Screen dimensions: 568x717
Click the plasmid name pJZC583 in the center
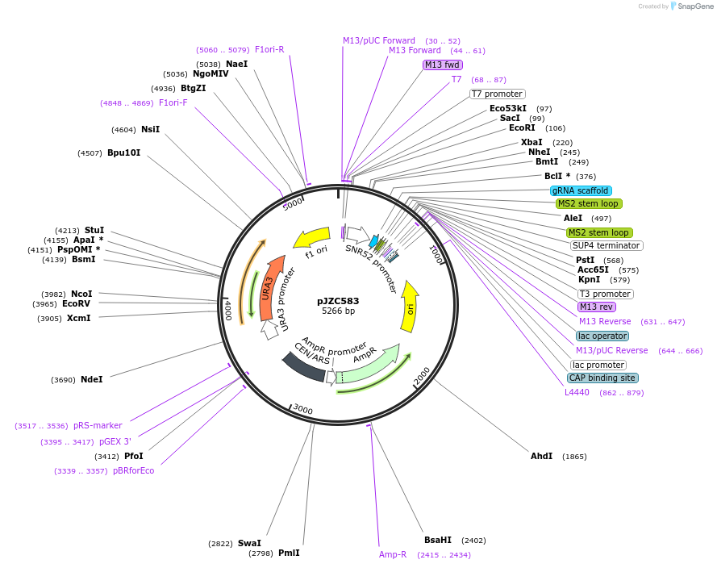(338, 301)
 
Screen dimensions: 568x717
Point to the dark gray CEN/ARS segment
(302, 367)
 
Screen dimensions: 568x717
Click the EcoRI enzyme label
(522, 128)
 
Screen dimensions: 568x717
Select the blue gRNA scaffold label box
(580, 190)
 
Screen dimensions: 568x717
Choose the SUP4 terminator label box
(606, 245)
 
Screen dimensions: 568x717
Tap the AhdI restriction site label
(541, 456)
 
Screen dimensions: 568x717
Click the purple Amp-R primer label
(393, 554)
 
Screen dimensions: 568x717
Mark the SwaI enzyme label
(249, 543)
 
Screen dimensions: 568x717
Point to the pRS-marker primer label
(98, 425)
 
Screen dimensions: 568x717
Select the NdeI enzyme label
(91, 379)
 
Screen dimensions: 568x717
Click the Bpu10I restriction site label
(123, 152)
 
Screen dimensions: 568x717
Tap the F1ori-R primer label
(269, 49)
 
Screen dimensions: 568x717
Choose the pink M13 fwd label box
(442, 65)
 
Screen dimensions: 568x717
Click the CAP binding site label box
(602, 378)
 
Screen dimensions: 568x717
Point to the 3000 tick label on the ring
(302, 410)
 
